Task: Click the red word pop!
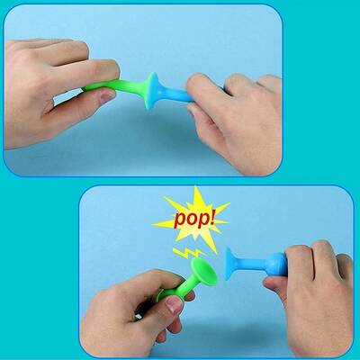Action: point(194,220)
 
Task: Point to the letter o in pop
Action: point(191,220)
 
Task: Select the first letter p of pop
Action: point(180,221)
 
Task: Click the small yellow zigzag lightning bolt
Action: point(188,253)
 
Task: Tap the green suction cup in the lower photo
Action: point(204,272)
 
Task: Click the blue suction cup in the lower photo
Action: point(231,264)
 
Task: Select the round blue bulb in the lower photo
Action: point(276,264)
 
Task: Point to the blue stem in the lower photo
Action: point(251,264)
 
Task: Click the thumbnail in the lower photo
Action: point(174,304)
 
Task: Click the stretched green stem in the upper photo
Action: point(115,88)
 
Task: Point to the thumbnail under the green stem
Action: point(107,96)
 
